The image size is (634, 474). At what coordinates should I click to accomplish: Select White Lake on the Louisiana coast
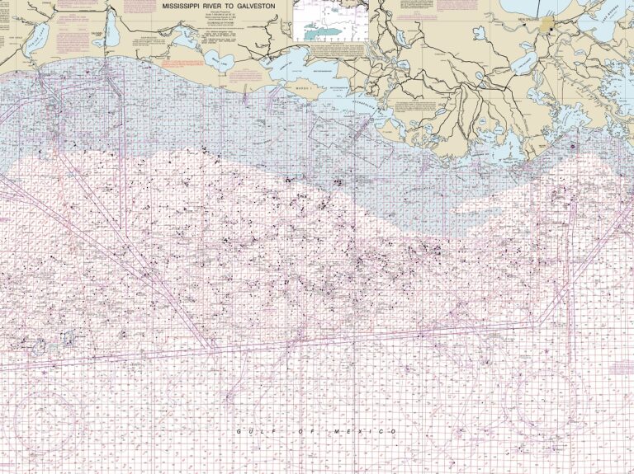click(x=216, y=61)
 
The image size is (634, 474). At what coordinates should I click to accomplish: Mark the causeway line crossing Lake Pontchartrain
click(x=561, y=7)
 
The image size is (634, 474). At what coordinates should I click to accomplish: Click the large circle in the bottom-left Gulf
click(x=50, y=420)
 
